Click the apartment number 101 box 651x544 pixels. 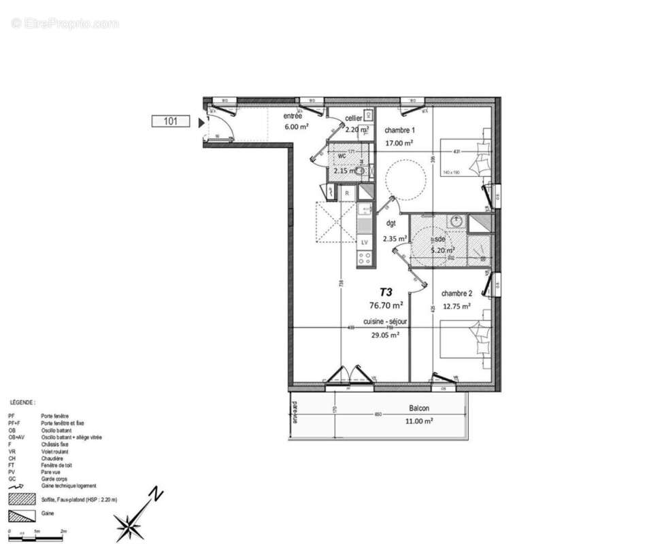tap(170, 122)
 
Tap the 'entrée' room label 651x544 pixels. tap(293, 116)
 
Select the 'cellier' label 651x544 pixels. tap(353, 118)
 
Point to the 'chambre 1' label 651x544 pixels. tap(399, 131)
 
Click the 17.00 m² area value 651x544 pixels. tap(399, 143)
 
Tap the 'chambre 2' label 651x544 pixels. tap(456, 293)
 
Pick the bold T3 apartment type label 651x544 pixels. tap(386, 291)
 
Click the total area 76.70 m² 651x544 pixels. tap(386, 305)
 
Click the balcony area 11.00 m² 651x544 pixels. tap(421, 421)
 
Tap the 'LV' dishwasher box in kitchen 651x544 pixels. tap(365, 242)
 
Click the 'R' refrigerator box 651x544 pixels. tap(347, 194)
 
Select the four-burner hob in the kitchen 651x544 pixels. tap(365, 258)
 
